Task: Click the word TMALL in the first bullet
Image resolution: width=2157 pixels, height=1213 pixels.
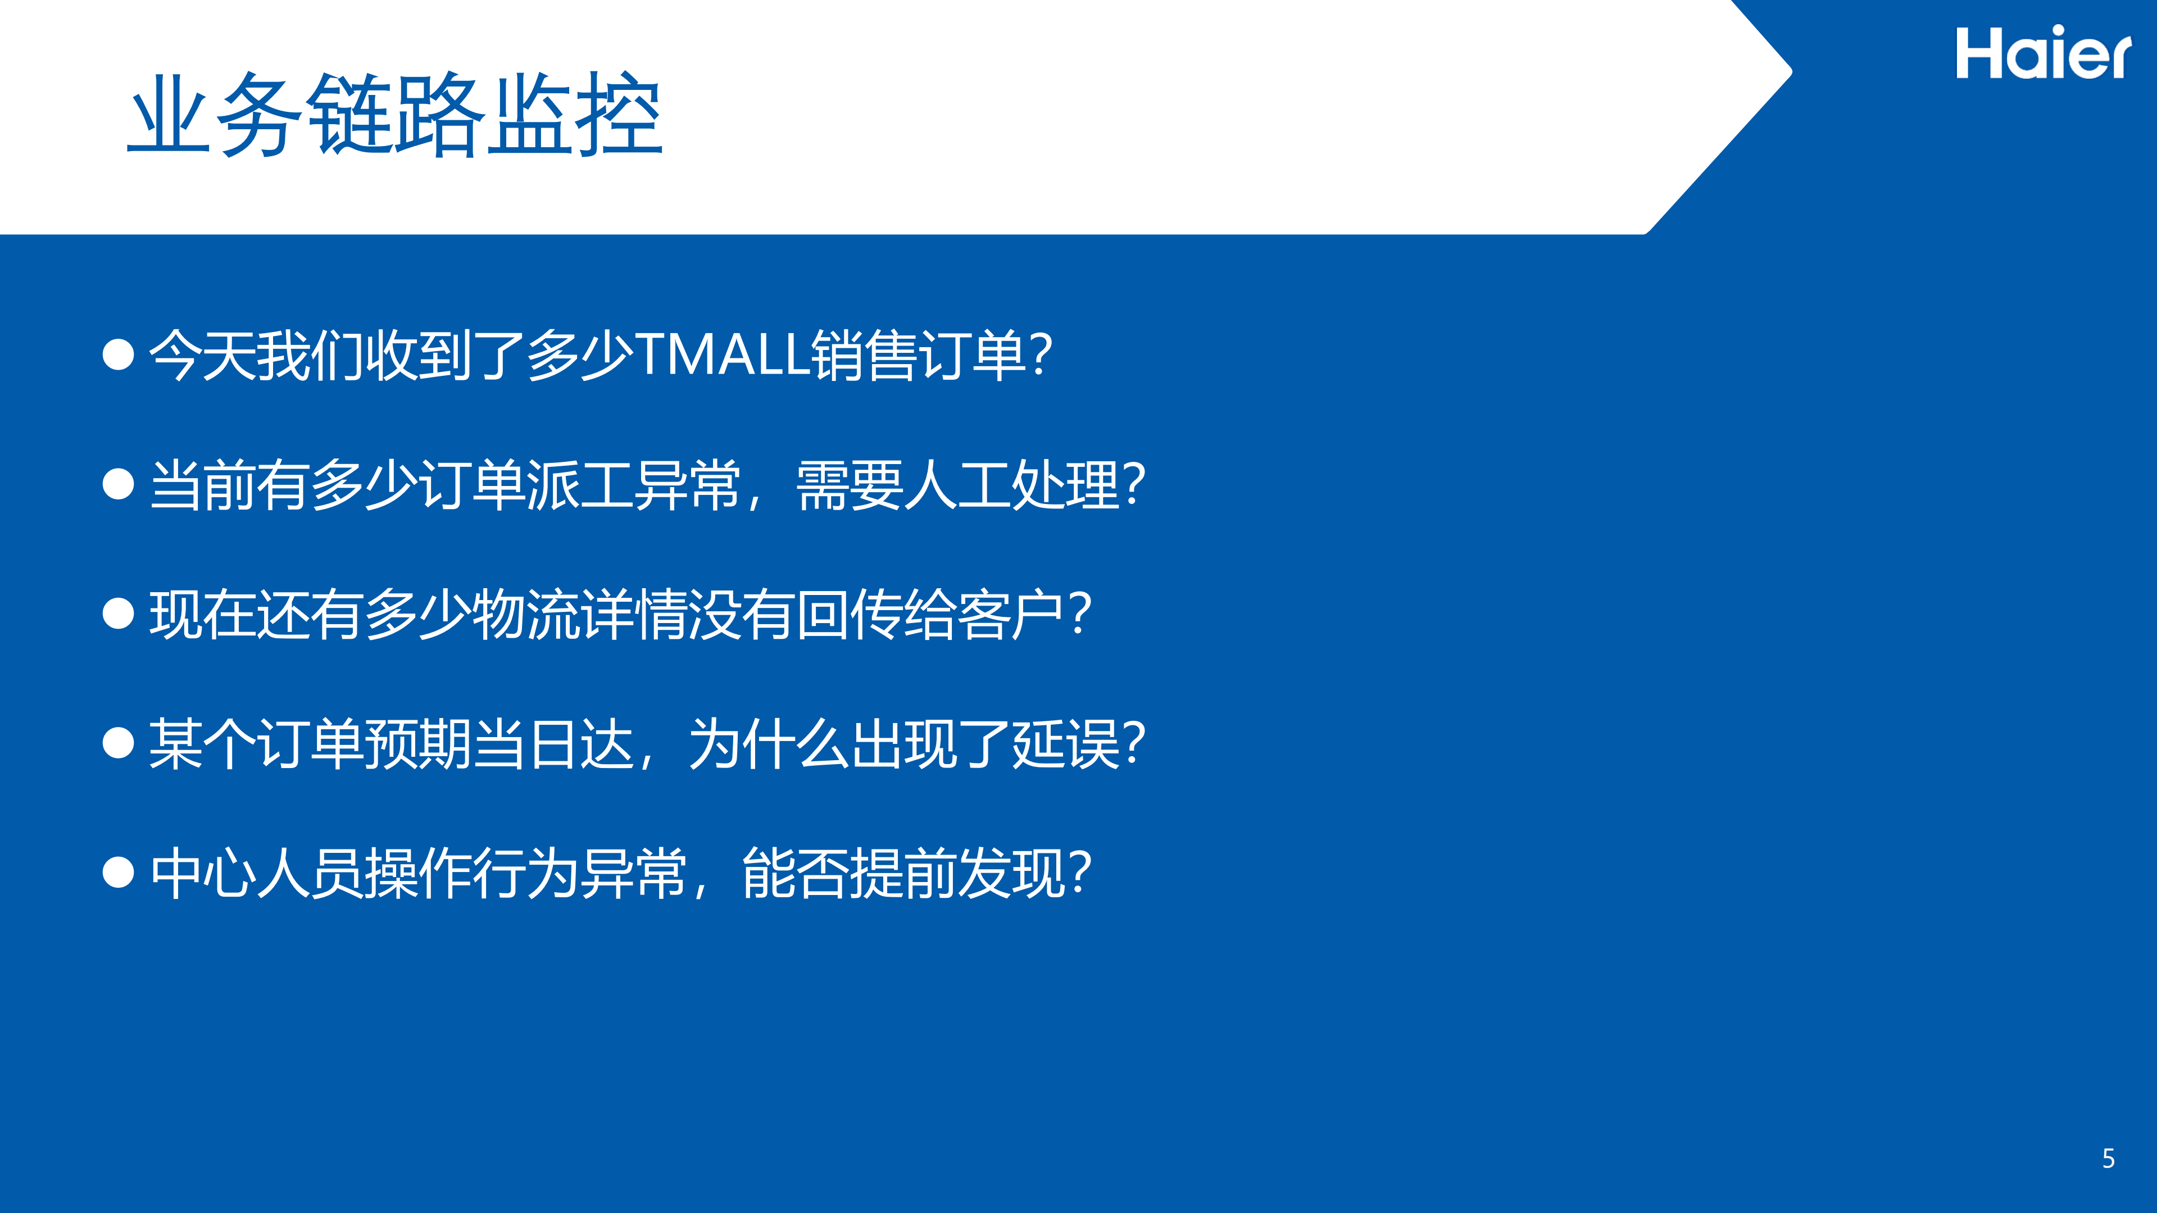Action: (723, 355)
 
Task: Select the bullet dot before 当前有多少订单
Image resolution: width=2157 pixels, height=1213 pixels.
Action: (118, 484)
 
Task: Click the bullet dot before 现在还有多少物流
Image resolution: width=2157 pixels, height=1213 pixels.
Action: (118, 614)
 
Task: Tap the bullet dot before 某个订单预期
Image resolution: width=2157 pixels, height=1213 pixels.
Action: (118, 743)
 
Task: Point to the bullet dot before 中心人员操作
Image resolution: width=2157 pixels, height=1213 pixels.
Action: (118, 873)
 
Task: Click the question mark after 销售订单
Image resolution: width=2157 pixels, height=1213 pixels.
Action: (1040, 355)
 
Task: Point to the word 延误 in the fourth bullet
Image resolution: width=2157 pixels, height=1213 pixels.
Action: (1066, 744)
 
